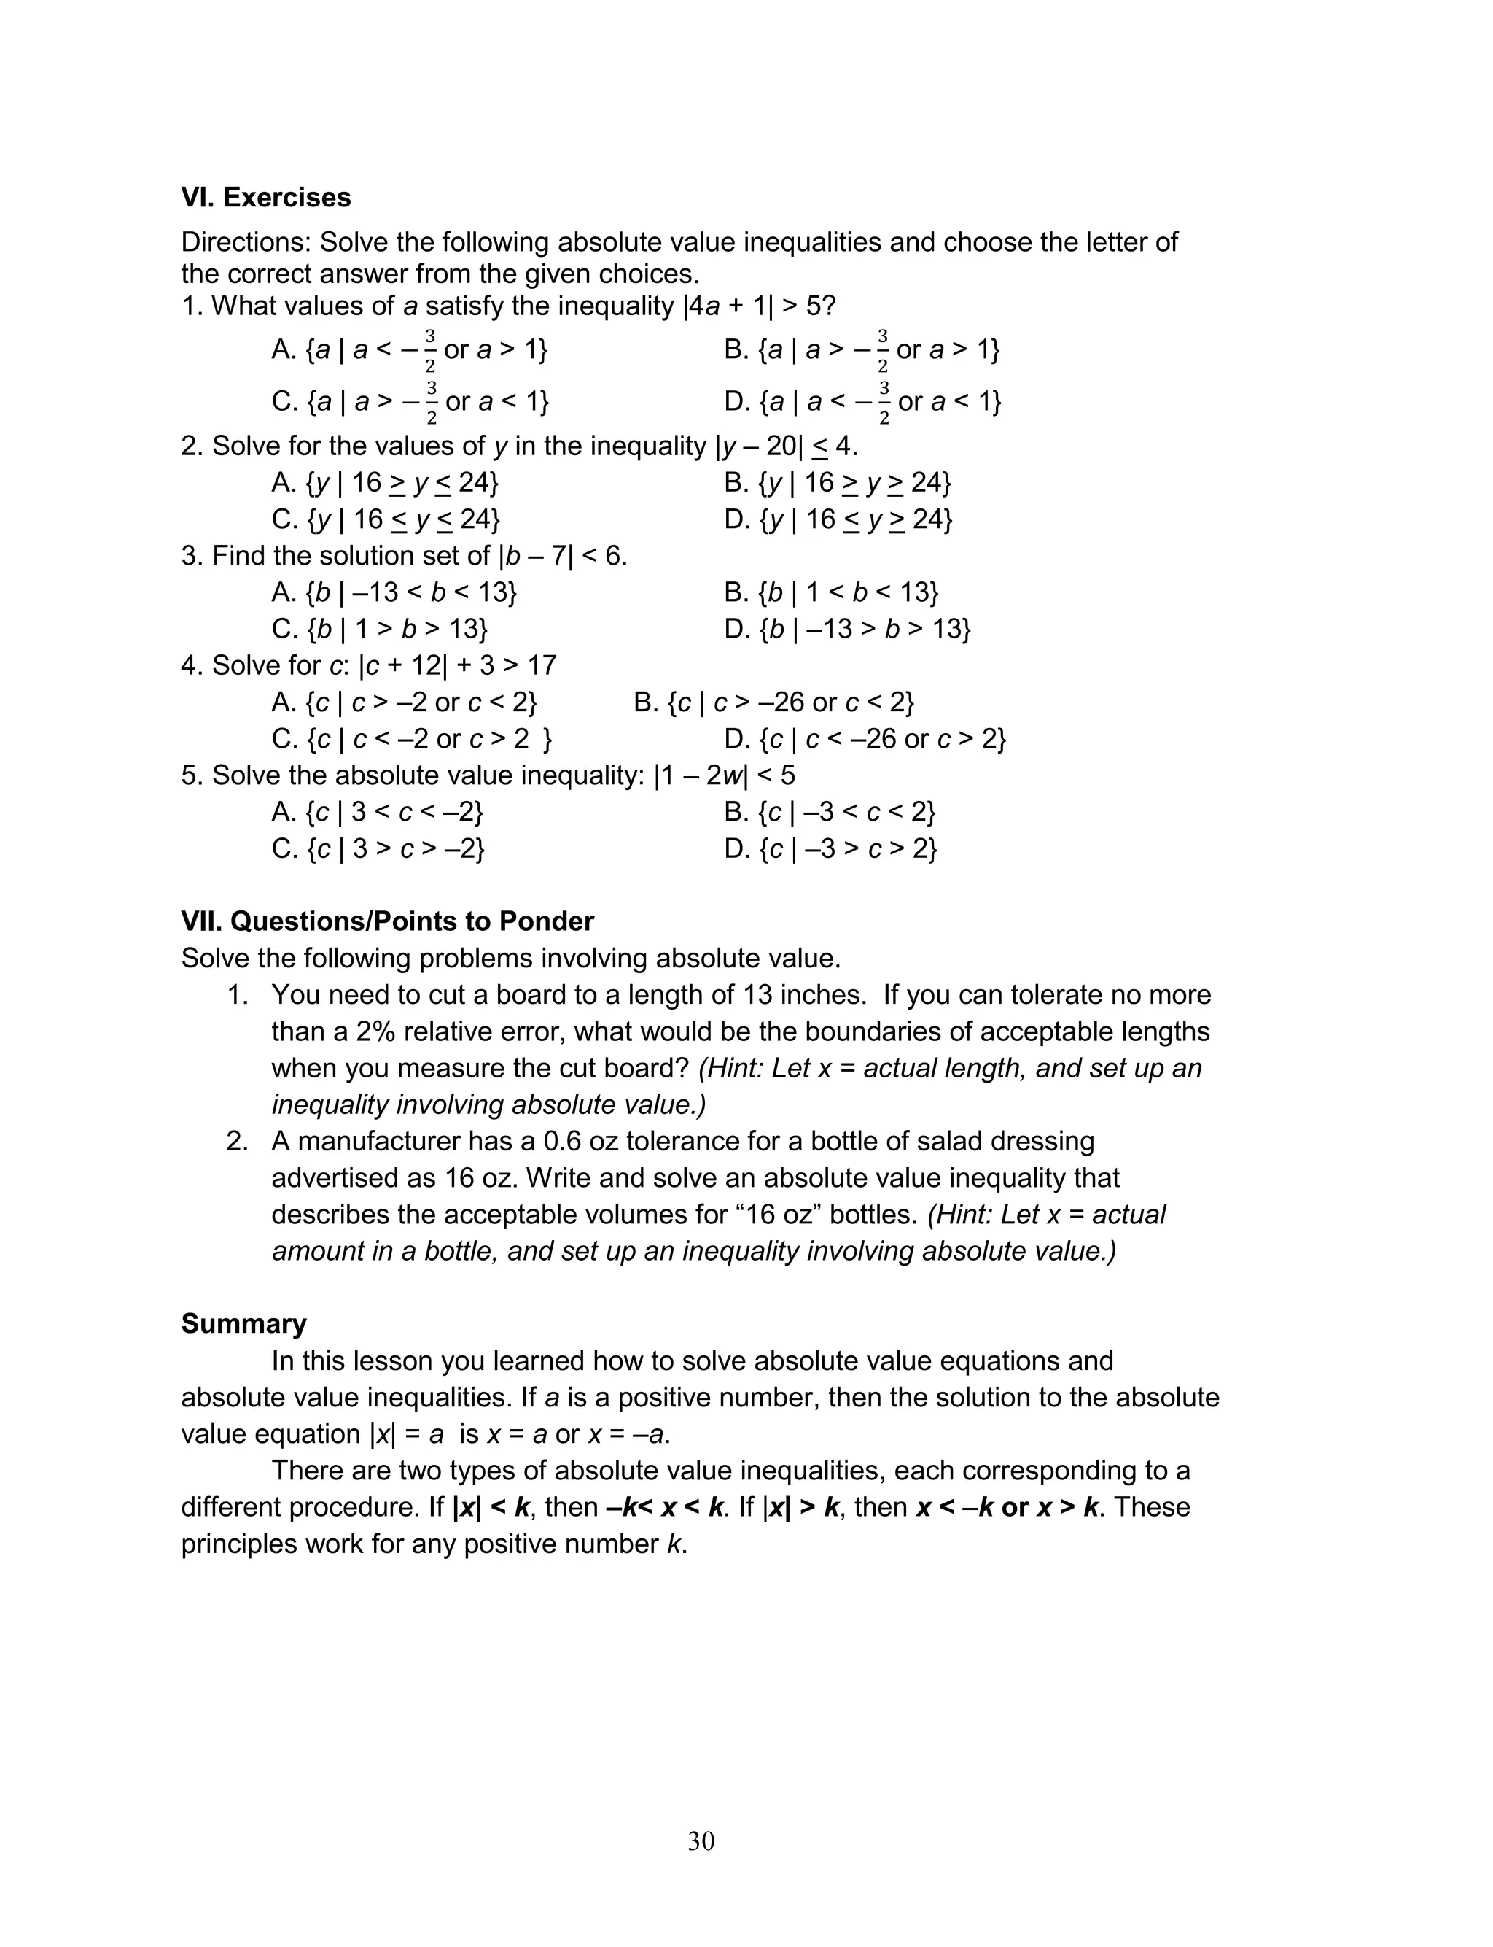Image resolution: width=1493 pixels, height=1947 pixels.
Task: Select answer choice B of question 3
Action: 831,592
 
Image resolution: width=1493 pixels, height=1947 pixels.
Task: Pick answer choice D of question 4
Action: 865,739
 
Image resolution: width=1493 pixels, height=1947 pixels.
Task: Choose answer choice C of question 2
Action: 385,519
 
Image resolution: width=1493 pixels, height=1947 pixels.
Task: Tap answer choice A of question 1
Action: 409,349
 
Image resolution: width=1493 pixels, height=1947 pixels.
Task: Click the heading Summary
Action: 243,1324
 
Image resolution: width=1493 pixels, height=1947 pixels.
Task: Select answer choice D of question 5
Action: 830,849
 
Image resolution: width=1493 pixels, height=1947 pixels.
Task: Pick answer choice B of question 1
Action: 861,349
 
